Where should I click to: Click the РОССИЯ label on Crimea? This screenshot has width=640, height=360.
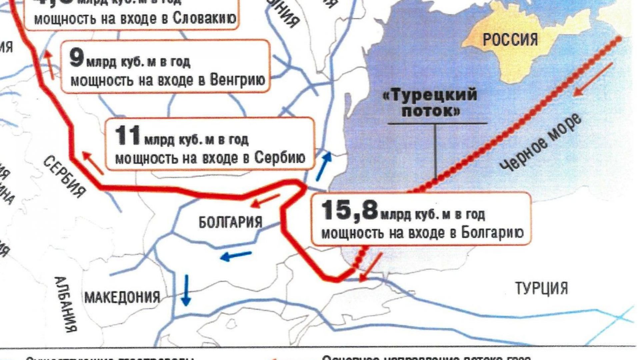pyautogui.click(x=510, y=40)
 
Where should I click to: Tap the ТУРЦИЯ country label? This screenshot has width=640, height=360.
pyautogui.click(x=541, y=288)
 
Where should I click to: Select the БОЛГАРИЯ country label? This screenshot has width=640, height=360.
pyautogui.click(x=231, y=222)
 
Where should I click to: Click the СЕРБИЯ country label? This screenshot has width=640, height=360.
pyautogui.click(x=65, y=177)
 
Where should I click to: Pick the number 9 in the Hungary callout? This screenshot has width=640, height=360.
pyautogui.click(x=76, y=59)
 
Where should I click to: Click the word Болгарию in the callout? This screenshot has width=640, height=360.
pyautogui.click(x=492, y=233)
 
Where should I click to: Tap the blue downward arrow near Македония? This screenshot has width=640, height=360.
pyautogui.click(x=186, y=290)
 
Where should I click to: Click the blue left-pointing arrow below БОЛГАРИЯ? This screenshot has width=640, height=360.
pyautogui.click(x=236, y=256)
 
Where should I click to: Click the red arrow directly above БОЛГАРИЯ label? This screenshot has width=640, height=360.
pyautogui.click(x=265, y=201)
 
